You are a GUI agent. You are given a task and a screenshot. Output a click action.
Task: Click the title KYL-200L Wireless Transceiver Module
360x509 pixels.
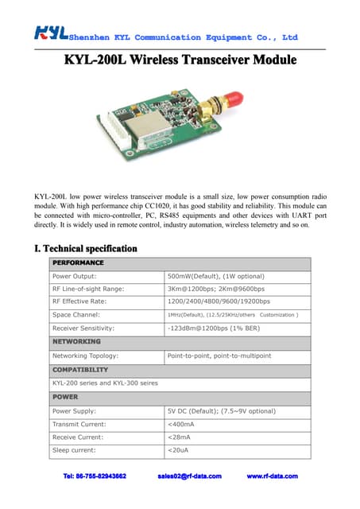(180, 60)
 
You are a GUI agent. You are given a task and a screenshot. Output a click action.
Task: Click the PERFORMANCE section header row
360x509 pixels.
(77, 262)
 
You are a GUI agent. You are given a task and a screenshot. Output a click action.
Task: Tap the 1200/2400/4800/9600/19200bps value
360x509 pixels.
(219, 301)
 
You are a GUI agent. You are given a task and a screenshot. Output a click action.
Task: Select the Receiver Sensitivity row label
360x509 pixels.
(83, 328)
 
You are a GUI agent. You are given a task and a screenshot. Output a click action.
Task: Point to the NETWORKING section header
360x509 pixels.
(76, 341)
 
